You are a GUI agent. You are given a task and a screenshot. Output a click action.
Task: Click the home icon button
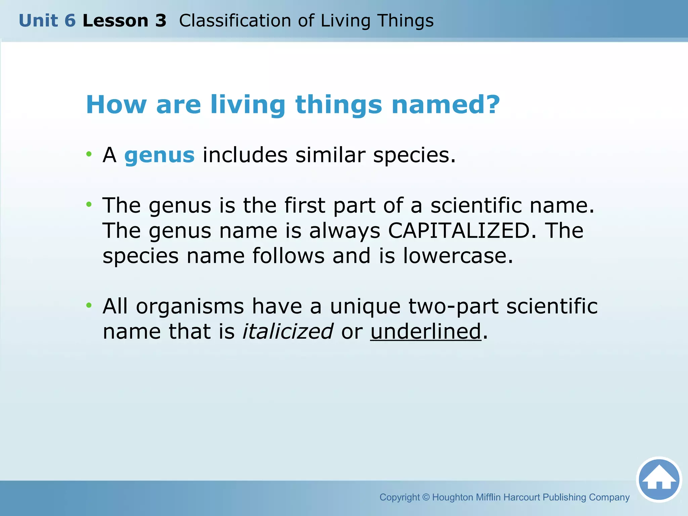(x=659, y=479)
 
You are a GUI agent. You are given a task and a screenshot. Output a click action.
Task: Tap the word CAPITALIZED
(x=459, y=231)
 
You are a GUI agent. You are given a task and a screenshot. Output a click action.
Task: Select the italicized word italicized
(x=288, y=331)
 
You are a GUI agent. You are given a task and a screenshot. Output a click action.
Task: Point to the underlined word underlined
(x=426, y=331)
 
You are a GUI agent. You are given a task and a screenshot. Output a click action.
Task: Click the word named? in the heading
(x=446, y=105)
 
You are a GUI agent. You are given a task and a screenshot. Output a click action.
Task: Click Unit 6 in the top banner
(x=47, y=21)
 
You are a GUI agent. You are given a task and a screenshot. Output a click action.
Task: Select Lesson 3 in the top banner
(x=124, y=21)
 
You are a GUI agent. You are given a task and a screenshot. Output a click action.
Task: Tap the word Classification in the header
(x=235, y=21)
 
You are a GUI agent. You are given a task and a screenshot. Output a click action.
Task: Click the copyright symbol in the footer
(x=426, y=497)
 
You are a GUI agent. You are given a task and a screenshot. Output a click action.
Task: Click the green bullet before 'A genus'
(x=89, y=154)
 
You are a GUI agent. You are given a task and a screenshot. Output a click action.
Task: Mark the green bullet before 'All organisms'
(x=89, y=305)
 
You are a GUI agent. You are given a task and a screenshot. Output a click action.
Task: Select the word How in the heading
(x=116, y=105)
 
